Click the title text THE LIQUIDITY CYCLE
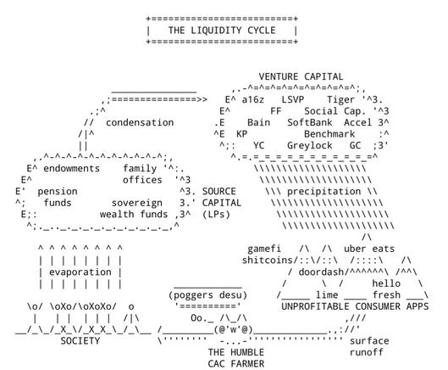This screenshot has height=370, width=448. [222, 30]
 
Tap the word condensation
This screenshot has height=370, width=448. [140, 122]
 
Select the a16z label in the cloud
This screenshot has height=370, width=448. [253, 99]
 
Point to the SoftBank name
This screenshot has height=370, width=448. [310, 122]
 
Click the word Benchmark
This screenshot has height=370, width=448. [329, 134]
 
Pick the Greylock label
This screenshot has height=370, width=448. [310, 145]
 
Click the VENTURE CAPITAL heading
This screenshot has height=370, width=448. [301, 76]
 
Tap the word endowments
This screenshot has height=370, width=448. [71, 168]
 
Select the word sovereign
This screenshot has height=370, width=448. [137, 203]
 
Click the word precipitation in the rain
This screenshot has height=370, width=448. [324, 191]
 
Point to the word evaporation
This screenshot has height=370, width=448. [80, 272]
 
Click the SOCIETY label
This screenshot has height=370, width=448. [80, 341]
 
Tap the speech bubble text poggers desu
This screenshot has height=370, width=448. [207, 295]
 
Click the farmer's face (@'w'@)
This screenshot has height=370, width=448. [234, 330]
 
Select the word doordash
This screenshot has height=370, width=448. [321, 272]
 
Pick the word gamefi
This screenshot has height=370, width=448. [264, 249]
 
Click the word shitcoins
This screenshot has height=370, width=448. [264, 261]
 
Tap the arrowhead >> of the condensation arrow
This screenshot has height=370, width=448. [202, 99]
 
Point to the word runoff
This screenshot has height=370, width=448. [367, 352]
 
